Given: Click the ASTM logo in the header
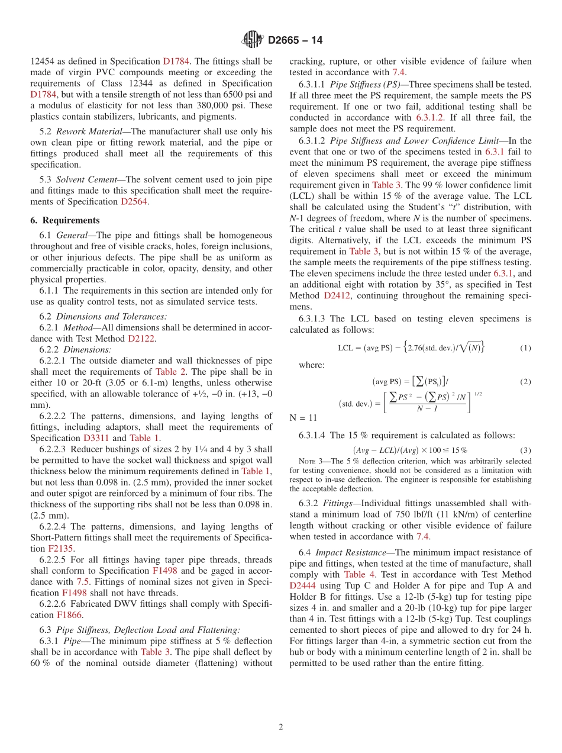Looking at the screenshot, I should point(253,40).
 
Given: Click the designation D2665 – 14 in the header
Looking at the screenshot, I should point(295,40).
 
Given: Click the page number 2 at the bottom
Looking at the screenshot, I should point(281,727).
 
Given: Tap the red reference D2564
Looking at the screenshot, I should point(134,201).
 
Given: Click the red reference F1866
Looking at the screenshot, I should point(69,615).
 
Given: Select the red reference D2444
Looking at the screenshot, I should point(303,585).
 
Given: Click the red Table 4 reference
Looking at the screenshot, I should point(359,574).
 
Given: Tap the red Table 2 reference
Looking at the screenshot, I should point(170,372).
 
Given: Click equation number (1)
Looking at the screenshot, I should point(525,348).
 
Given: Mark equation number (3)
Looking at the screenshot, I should point(525,450).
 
